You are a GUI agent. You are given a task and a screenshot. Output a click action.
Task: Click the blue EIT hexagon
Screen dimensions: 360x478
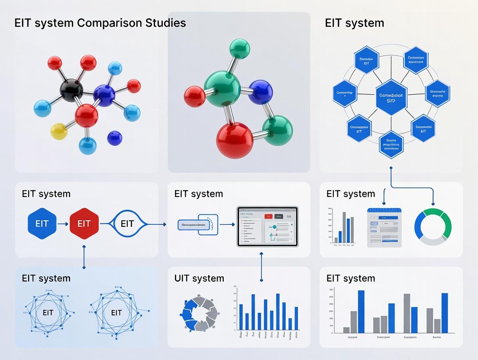[42, 224]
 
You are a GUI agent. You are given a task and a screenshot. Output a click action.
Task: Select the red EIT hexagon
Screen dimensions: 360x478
[84, 224]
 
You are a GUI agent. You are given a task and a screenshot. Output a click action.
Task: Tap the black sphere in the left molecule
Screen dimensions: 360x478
[71, 90]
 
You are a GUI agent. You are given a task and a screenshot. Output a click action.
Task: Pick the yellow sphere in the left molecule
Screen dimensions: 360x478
[59, 131]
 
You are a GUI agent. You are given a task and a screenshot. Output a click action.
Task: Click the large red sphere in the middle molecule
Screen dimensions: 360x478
[234, 140]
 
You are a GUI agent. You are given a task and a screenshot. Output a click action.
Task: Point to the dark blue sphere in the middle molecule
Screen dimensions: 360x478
[261, 92]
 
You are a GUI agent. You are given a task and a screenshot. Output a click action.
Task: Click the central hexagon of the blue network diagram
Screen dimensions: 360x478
[391, 97]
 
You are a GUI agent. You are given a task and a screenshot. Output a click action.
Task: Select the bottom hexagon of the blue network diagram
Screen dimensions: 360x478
[391, 145]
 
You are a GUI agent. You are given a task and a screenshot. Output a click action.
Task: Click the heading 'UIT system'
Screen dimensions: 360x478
[199, 278]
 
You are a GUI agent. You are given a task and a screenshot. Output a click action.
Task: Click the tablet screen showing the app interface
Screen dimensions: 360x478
[268, 226]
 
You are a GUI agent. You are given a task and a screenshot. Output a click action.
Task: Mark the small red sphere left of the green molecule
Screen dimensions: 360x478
[194, 96]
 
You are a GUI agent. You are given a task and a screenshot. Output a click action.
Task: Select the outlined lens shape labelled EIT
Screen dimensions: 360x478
[127, 224]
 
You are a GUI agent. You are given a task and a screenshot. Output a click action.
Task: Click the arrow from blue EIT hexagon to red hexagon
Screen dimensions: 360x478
[63, 224]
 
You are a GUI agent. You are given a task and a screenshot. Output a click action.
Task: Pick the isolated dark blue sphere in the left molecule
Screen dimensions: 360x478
[114, 138]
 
